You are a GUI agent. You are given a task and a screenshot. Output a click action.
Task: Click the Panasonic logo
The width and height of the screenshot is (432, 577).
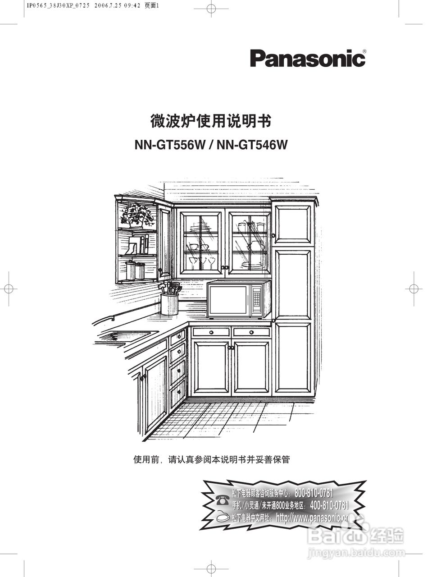coord(307,59)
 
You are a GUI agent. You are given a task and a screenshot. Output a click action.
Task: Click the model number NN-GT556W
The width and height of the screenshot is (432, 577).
coord(170,145)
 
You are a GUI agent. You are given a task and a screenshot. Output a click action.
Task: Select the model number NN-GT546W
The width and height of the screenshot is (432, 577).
coord(252,145)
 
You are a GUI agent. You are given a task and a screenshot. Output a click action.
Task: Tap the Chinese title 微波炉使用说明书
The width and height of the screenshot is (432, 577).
coord(210,121)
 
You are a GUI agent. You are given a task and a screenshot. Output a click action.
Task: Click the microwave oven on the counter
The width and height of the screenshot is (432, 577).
coord(238,299)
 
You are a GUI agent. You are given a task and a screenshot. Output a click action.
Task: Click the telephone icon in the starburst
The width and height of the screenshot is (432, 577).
coord(221,499)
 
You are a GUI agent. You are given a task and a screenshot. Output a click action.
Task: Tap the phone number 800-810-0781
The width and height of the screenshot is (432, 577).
coord(314,493)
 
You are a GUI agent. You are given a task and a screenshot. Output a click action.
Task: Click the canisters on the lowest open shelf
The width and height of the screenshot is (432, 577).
coord(135,270)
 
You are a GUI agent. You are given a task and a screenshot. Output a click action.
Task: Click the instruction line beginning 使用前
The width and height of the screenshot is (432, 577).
coord(211,460)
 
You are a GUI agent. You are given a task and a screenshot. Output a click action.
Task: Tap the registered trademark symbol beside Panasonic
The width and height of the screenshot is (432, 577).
coord(364,51)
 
